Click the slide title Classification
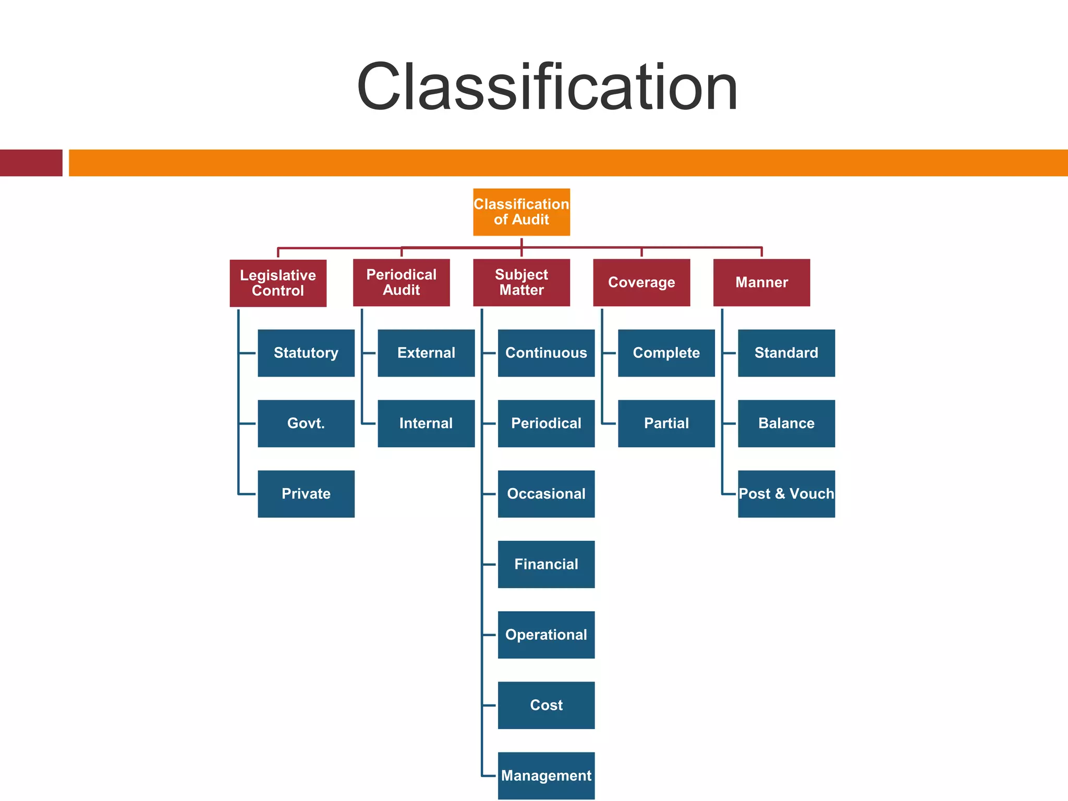(547, 87)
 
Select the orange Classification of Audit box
(521, 212)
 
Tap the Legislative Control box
(278, 283)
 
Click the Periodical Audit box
(401, 283)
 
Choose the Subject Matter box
(521, 283)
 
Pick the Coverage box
(641, 283)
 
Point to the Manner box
(761, 283)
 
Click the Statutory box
(306, 353)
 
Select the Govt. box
(306, 423)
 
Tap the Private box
(306, 494)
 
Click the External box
(426, 353)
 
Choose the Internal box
(426, 423)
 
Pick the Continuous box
(546, 353)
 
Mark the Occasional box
(546, 494)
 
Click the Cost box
(546, 705)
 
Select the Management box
(546, 775)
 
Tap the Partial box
(666, 423)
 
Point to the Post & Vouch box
(786, 494)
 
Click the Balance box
(786, 423)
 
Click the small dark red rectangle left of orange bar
(31, 163)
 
